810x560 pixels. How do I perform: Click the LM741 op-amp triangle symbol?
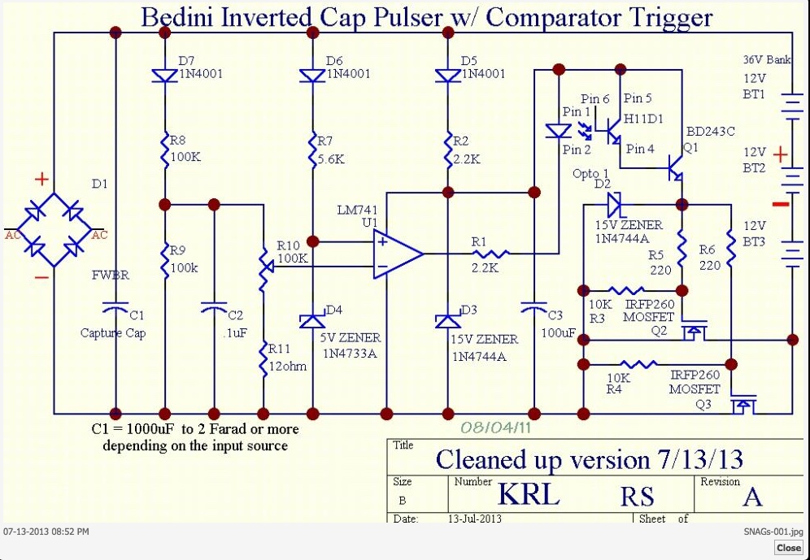click(x=398, y=254)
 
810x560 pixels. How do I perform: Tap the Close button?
click(x=789, y=548)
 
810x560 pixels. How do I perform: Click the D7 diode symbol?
click(x=165, y=76)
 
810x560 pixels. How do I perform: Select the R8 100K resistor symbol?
click(x=165, y=150)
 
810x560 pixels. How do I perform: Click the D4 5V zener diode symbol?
click(x=313, y=320)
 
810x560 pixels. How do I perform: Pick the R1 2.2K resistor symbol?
click(x=490, y=254)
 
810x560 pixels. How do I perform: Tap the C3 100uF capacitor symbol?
click(x=534, y=308)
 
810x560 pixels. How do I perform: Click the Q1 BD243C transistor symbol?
click(x=676, y=167)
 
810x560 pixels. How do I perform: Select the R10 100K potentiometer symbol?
click(x=264, y=267)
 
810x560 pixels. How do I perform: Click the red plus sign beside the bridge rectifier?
click(x=41, y=179)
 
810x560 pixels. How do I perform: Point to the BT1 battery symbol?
click(x=791, y=106)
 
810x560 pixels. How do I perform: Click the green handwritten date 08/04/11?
click(x=495, y=428)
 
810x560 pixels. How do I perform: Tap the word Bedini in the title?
click(x=178, y=17)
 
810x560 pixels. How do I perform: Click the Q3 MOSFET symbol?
click(x=742, y=404)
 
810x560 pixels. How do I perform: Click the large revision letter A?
click(x=752, y=497)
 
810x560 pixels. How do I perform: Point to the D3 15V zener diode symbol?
click(x=448, y=320)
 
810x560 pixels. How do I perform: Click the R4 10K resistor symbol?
click(x=638, y=364)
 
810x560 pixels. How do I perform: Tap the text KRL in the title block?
click(x=529, y=494)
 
